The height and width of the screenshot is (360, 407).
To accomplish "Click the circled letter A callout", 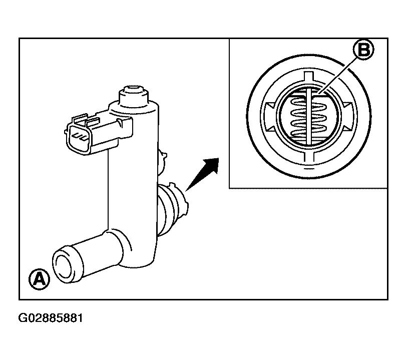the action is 39,279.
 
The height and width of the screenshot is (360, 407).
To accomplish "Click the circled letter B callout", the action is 363,50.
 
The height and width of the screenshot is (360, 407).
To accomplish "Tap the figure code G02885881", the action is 51,318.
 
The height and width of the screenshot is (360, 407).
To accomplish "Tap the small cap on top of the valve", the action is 134,96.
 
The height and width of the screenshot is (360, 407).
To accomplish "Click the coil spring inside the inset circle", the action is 308,116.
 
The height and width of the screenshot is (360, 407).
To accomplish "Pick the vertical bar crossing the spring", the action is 308,116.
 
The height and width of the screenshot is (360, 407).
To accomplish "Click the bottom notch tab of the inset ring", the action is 308,157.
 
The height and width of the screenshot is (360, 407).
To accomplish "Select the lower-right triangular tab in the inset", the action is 347,129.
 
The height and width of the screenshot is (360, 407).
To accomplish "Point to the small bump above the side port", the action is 162,160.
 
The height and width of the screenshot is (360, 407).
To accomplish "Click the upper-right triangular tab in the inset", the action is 347,105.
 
